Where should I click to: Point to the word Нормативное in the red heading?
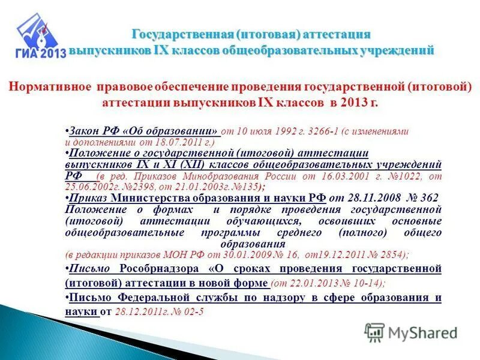50,88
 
